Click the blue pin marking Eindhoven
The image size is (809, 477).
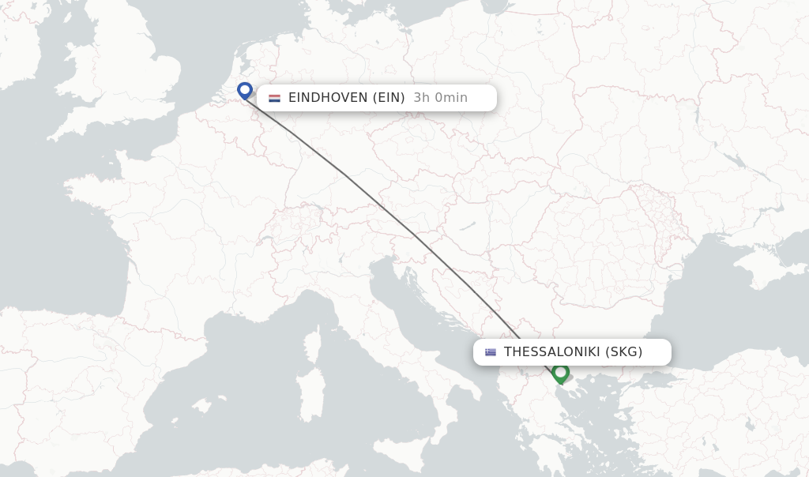[245, 90]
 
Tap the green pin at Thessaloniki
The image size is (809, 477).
[561, 372]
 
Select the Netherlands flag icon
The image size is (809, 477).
[274, 98]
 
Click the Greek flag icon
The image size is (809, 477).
[491, 352]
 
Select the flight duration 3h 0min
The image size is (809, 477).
[440, 98]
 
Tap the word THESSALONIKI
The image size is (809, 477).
[551, 352]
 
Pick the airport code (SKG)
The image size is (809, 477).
[623, 352]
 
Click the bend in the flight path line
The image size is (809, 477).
[344, 175]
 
